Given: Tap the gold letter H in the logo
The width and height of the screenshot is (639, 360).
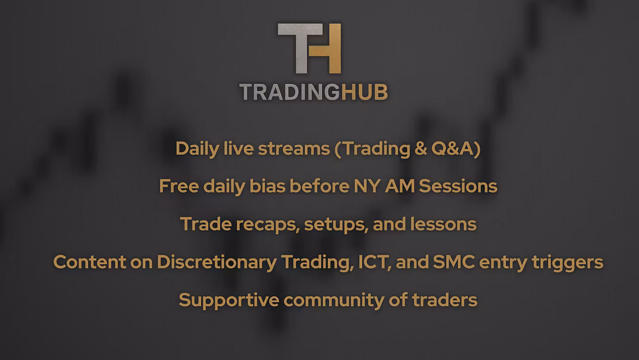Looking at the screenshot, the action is [326, 48].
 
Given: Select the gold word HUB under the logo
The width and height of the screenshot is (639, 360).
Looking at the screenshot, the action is [364, 92].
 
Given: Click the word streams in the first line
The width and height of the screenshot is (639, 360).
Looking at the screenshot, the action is [294, 149].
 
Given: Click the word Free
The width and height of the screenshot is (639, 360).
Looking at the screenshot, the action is [179, 186].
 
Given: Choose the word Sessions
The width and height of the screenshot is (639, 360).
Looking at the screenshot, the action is [458, 186].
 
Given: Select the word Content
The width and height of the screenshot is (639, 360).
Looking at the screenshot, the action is [90, 262].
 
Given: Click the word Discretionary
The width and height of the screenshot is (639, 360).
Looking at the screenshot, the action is [217, 262].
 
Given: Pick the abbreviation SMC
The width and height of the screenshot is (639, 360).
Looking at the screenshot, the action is [454, 262].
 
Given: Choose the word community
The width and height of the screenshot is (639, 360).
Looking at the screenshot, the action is [334, 300].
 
